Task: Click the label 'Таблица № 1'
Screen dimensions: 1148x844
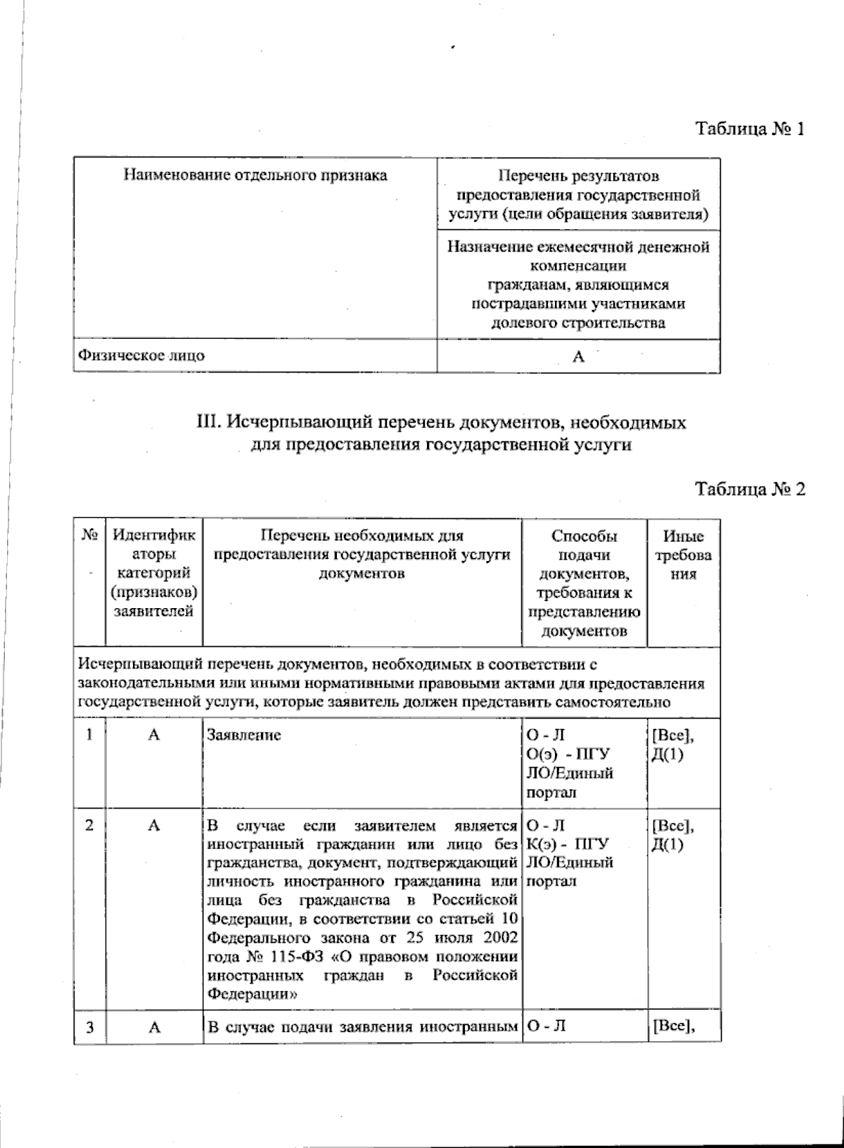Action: click(x=749, y=129)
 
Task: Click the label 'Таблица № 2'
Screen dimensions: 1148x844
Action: click(x=749, y=489)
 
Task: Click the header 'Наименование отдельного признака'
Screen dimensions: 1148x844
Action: click(x=255, y=175)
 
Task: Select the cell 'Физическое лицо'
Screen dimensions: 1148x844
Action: click(x=141, y=355)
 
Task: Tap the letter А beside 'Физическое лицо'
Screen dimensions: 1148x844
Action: click(x=578, y=357)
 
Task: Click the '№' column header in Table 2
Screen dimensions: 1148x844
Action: click(x=89, y=536)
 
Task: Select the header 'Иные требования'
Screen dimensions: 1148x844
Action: click(x=683, y=555)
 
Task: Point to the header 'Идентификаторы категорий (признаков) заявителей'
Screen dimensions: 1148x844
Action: click(x=154, y=573)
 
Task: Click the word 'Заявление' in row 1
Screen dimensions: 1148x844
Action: click(x=243, y=735)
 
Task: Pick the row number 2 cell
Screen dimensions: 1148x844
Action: click(x=89, y=825)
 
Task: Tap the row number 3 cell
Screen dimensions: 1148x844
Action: click(x=89, y=1027)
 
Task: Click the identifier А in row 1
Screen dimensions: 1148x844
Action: click(x=154, y=735)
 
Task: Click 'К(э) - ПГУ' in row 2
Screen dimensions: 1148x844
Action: click(x=567, y=844)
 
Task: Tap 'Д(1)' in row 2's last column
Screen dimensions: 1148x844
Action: click(x=667, y=844)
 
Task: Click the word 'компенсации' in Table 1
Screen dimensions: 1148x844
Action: click(x=578, y=266)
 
